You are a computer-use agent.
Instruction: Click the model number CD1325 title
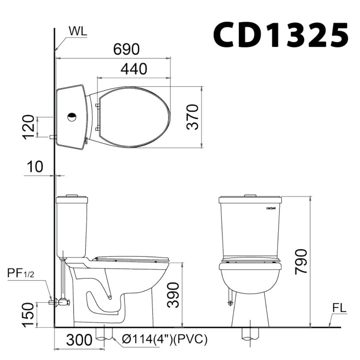point(280,35)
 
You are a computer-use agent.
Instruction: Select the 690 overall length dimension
point(126,50)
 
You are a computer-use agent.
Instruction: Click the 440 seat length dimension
point(134,69)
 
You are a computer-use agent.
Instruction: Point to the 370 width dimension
point(194,117)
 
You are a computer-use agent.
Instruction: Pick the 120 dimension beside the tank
point(30,127)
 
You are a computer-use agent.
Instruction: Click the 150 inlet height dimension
point(30,315)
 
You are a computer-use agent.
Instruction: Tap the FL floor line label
point(339,308)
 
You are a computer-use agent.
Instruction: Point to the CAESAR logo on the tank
point(271,208)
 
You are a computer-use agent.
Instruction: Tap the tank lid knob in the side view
point(72,195)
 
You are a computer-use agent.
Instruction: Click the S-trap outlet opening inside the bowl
point(109,297)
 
